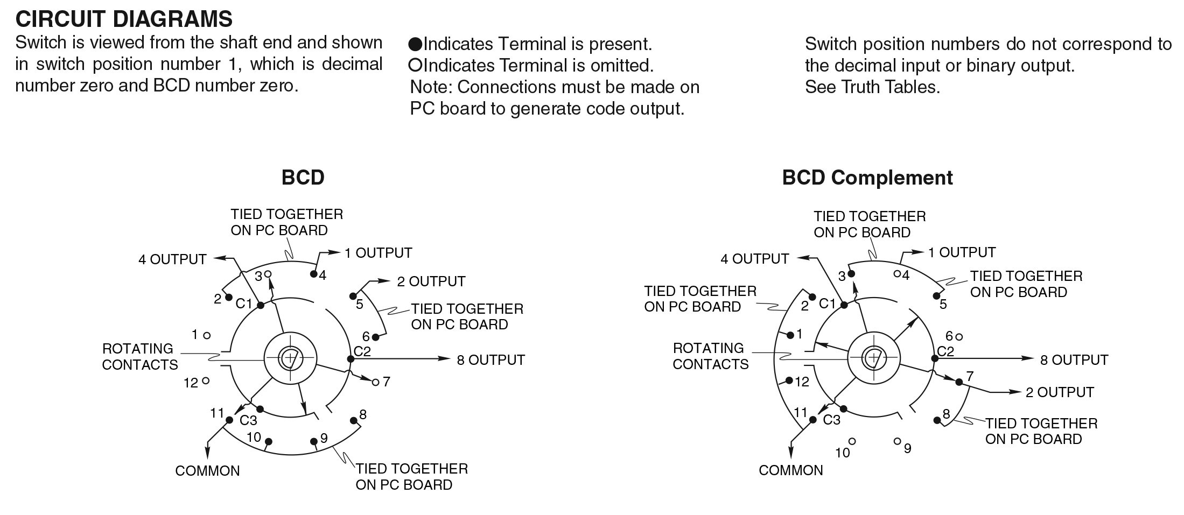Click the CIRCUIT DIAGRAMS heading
[x=124, y=19]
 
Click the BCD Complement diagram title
[x=867, y=178]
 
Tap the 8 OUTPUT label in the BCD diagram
[x=491, y=359]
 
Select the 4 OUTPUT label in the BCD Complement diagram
[x=755, y=259]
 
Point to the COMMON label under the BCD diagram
[x=207, y=471]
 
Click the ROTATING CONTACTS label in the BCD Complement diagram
[x=710, y=356]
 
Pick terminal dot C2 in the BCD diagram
[x=350, y=359]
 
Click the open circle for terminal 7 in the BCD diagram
[x=375, y=382]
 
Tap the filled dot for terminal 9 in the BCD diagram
[x=314, y=441]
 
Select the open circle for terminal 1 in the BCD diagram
[x=207, y=335]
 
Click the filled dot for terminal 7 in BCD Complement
[x=959, y=382]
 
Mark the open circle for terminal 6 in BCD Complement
[x=959, y=337]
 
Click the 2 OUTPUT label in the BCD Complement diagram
[x=1060, y=392]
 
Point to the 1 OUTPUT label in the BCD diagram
[x=379, y=253]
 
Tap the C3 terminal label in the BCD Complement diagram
[x=831, y=420]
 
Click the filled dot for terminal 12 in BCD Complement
[x=789, y=380]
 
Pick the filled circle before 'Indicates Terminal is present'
[x=415, y=44]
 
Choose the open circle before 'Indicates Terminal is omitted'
[x=415, y=65]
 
